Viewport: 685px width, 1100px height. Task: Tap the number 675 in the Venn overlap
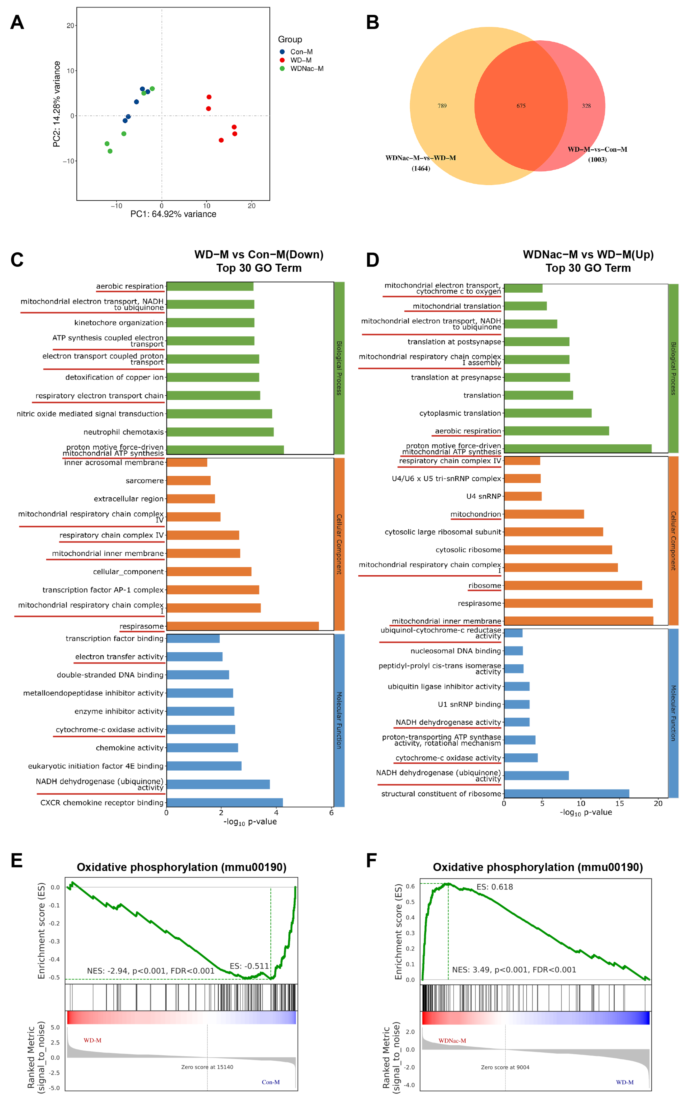point(521,106)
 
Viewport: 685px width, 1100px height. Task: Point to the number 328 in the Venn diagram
point(586,106)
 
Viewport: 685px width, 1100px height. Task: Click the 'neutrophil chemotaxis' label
point(123,432)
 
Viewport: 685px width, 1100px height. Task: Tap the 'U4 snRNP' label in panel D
point(484,496)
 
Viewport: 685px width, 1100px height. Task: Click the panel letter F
point(371,860)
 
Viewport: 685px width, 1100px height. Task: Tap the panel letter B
point(372,23)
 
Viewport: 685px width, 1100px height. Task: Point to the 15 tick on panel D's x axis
point(619,803)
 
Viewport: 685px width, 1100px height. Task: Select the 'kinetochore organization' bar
point(210,322)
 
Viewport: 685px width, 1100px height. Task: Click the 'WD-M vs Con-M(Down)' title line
point(259,254)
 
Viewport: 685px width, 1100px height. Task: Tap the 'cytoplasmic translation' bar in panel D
point(548,413)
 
